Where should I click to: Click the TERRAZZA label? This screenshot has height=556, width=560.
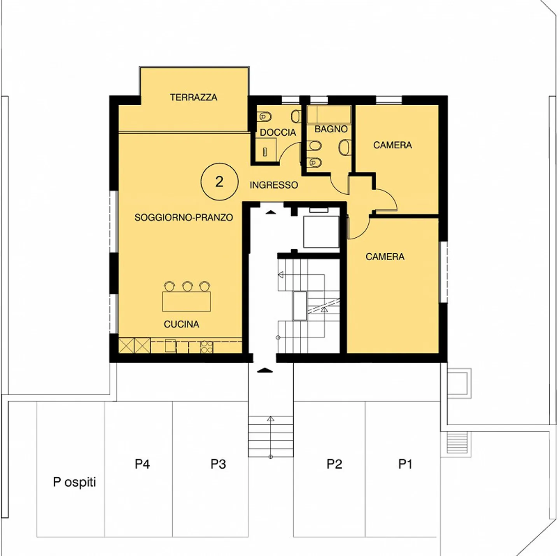click(x=193, y=97)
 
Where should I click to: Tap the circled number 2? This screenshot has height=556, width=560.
click(x=219, y=181)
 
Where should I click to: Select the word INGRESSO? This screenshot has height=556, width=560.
click(x=274, y=185)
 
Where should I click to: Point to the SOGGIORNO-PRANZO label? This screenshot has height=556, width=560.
click(x=184, y=217)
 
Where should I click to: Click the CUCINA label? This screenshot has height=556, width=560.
click(x=181, y=324)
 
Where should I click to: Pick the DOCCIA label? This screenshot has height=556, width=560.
click(x=278, y=132)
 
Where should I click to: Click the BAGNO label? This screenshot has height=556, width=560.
click(x=331, y=129)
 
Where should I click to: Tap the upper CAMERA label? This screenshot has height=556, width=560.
click(x=392, y=145)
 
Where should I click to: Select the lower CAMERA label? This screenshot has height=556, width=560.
click(x=385, y=256)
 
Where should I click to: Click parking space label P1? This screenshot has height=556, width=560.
click(x=405, y=464)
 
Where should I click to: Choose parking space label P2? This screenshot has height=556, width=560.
click(x=334, y=464)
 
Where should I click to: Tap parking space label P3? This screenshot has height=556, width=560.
click(x=218, y=464)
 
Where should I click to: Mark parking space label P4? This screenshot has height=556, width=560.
click(x=142, y=464)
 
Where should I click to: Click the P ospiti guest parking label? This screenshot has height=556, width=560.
click(x=74, y=482)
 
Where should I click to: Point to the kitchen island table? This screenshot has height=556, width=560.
click(x=187, y=302)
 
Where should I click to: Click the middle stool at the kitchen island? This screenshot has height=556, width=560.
click(x=187, y=286)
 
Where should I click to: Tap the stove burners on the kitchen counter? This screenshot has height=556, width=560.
click(x=206, y=347)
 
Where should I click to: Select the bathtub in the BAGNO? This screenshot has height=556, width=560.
click(x=329, y=115)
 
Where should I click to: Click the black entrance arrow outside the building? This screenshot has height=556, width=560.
click(x=265, y=370)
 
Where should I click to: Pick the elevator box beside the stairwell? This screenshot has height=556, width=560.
click(x=321, y=232)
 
